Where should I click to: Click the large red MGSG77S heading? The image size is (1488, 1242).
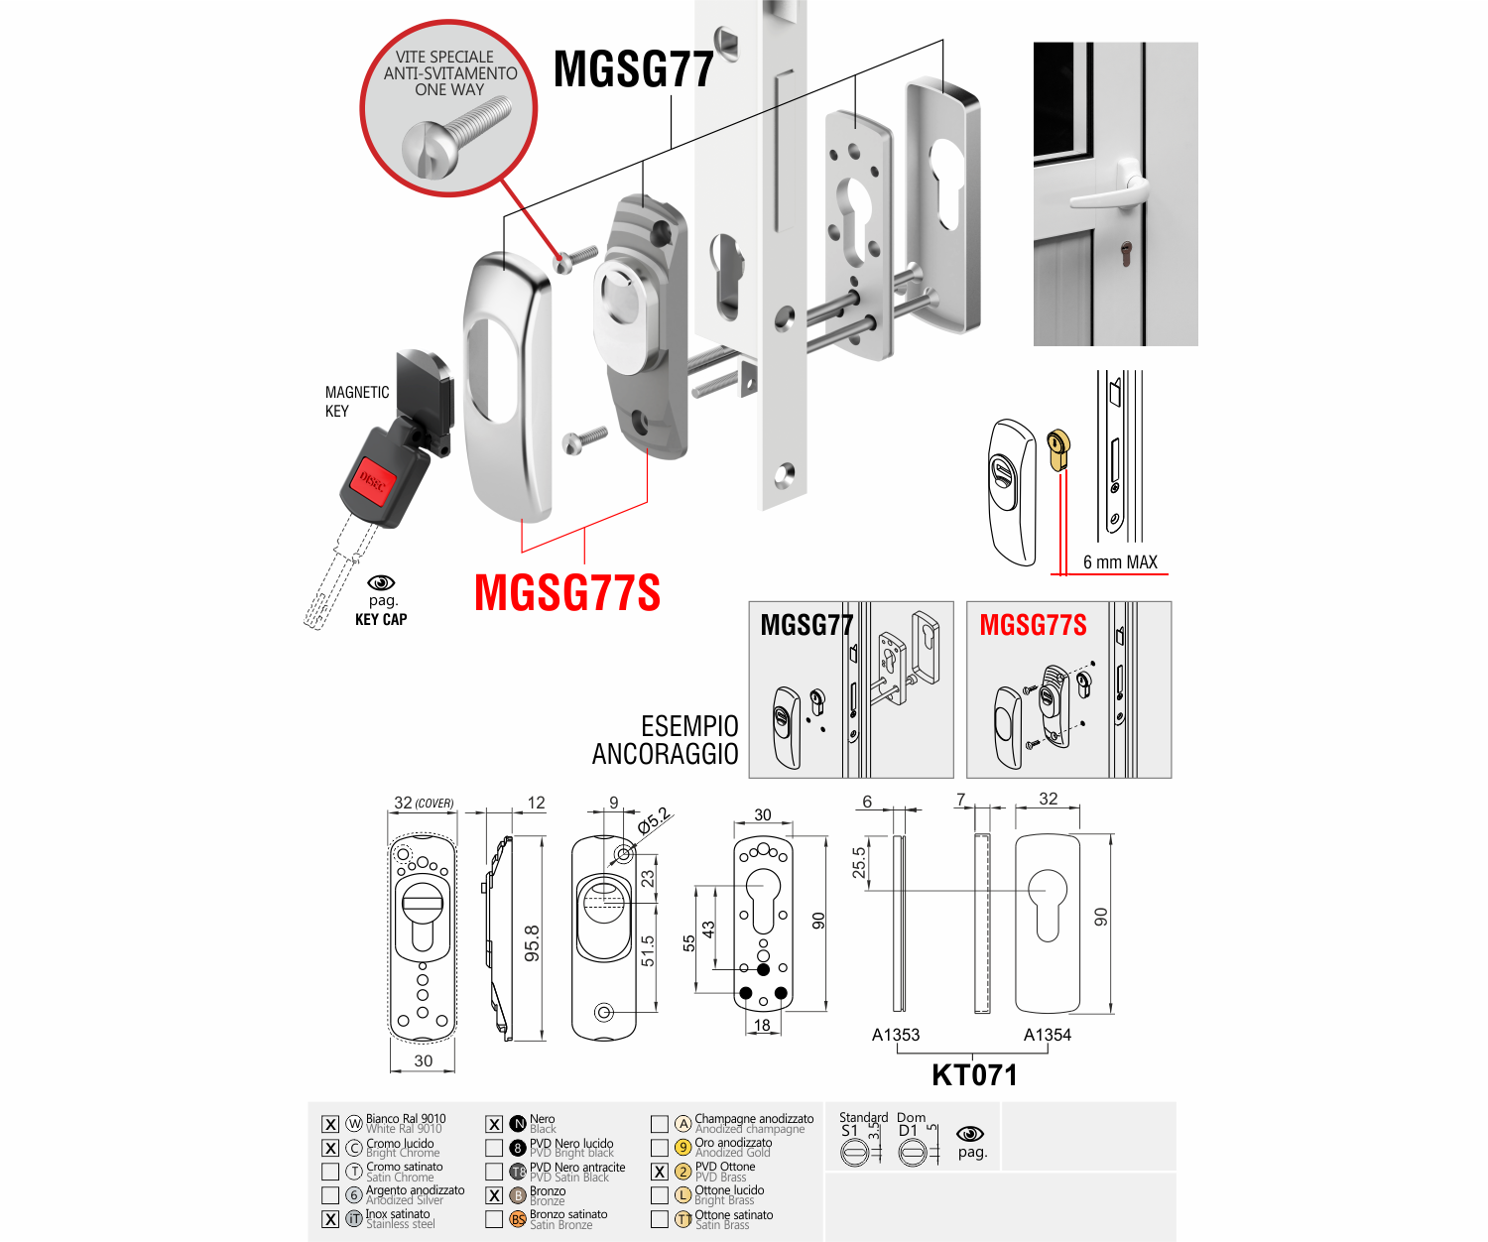coord(566,593)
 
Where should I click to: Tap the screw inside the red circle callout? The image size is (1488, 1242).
coord(455,139)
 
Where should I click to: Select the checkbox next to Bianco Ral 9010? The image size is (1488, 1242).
coord(330,1124)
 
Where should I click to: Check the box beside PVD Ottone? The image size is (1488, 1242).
coord(660,1172)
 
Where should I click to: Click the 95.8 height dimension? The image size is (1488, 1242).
coord(533,942)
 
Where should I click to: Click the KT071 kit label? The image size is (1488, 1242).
coord(974,1075)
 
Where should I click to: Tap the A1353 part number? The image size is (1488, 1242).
coord(896,1035)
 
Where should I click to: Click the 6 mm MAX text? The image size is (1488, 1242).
coord(1120,562)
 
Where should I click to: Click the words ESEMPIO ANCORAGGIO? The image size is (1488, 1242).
coord(666,740)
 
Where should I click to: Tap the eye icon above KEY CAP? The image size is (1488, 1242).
coord(381,583)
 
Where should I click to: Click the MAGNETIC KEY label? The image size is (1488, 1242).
coord(356,402)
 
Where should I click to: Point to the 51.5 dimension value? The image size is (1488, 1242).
coord(648,950)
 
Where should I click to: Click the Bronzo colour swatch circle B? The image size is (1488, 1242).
coord(518,1195)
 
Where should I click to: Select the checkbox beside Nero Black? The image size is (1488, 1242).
coord(494,1124)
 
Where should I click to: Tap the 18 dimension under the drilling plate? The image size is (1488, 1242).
coord(762,1025)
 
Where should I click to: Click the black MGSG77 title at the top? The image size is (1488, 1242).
coord(634,69)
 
